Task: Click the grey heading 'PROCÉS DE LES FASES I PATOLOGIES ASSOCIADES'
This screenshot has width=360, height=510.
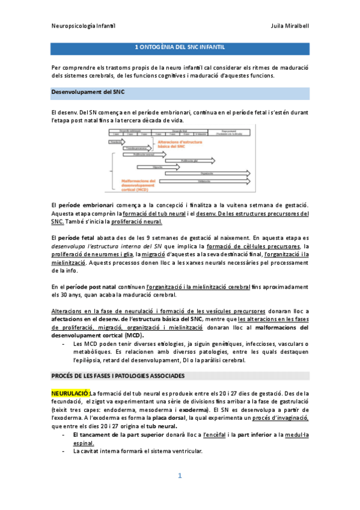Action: pos(118,375)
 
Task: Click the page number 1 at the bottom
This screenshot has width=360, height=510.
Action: pos(180,476)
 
